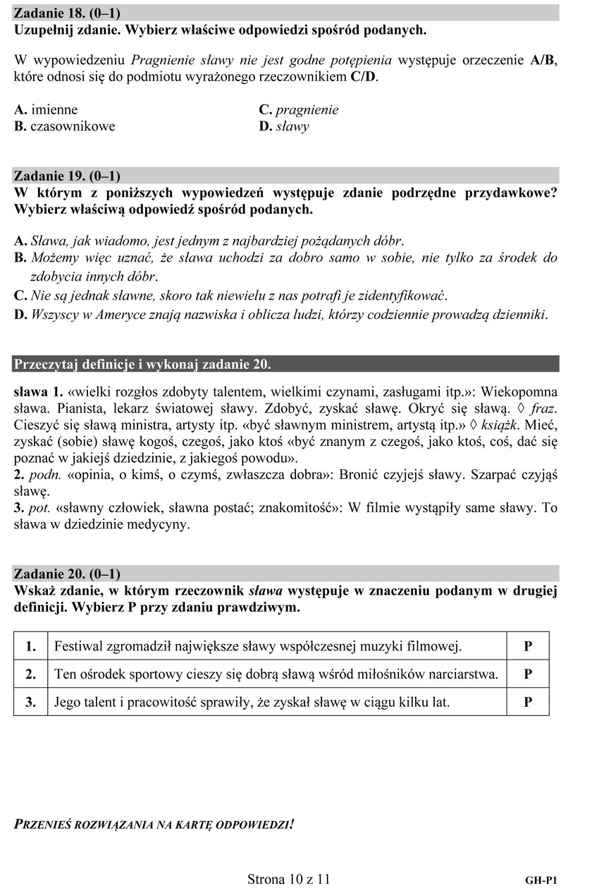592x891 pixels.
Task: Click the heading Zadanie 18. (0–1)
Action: (x=67, y=13)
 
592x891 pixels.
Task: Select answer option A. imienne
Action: (x=46, y=109)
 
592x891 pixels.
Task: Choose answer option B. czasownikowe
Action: (x=64, y=127)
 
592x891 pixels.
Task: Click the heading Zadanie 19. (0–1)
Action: (x=67, y=175)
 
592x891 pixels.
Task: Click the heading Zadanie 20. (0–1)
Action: (x=67, y=573)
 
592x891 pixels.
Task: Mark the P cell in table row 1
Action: (x=527, y=645)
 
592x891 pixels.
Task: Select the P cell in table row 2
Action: (x=527, y=674)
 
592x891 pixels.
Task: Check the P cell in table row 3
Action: (x=527, y=702)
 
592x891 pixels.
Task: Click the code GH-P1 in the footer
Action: (x=542, y=880)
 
